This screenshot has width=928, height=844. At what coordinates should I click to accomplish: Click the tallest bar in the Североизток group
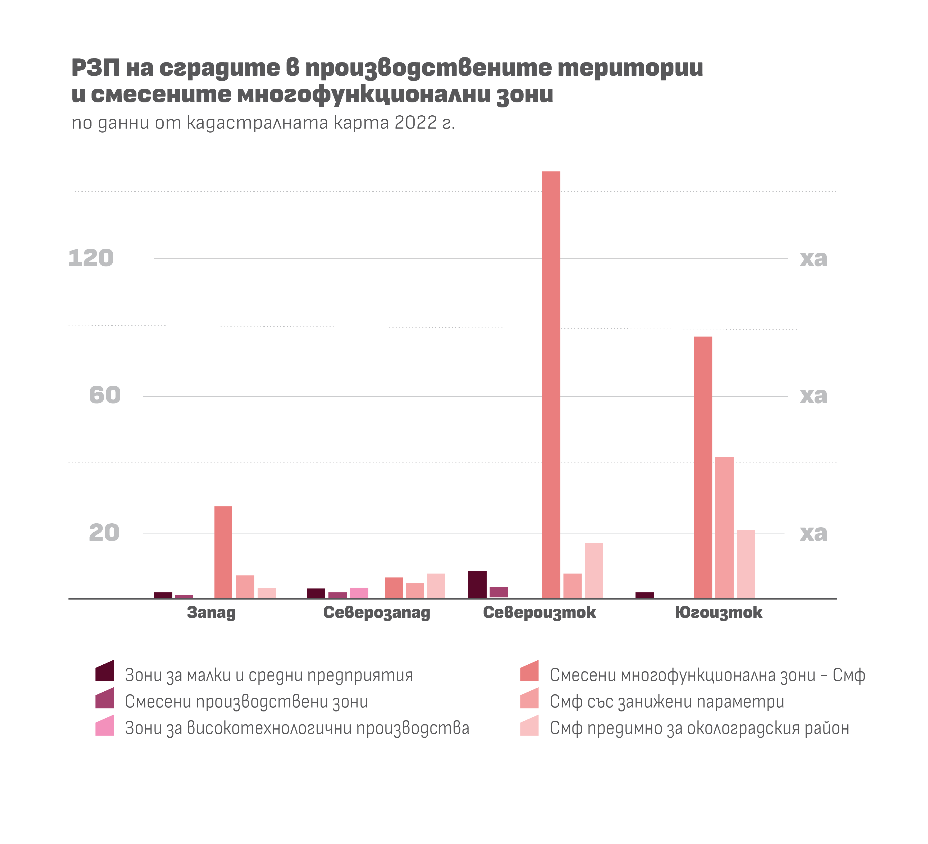pos(551,384)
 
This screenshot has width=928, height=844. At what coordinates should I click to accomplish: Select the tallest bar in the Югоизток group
pos(703,467)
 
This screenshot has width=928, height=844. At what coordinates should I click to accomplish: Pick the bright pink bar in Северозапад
pos(359,593)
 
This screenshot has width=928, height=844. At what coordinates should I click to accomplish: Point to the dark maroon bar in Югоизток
pos(644,595)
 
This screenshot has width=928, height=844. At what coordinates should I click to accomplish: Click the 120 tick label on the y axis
pos(91,258)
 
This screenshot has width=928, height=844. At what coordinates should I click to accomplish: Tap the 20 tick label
pos(104,533)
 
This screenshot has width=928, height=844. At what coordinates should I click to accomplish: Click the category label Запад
pos(211,613)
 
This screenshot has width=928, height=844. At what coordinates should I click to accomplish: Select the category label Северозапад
pos(377,613)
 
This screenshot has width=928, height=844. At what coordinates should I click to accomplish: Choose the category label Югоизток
pos(719,613)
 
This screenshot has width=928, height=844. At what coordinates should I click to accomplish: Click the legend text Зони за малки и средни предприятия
pos(269,675)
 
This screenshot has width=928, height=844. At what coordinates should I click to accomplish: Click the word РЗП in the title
pos(96,68)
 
